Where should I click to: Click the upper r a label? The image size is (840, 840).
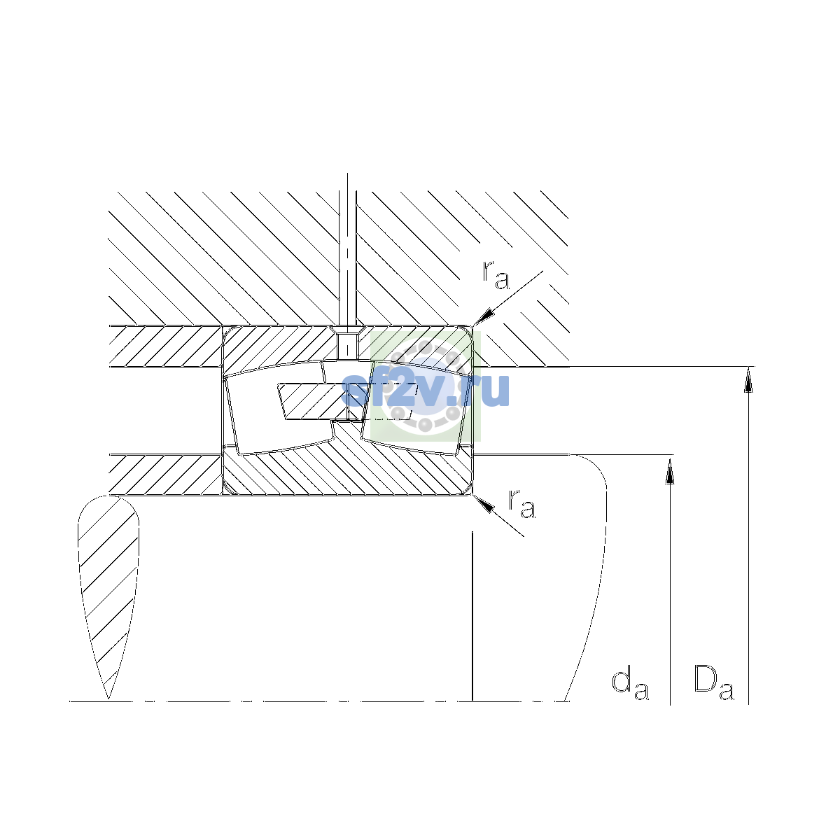point(496,276)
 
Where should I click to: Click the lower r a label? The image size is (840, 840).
point(521,503)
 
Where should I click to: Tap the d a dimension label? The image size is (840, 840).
point(630,685)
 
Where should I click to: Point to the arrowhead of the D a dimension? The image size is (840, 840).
point(748,379)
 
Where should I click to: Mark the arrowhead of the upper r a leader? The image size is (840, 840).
point(484,317)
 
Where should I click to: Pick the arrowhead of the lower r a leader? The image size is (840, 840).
point(484,503)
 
